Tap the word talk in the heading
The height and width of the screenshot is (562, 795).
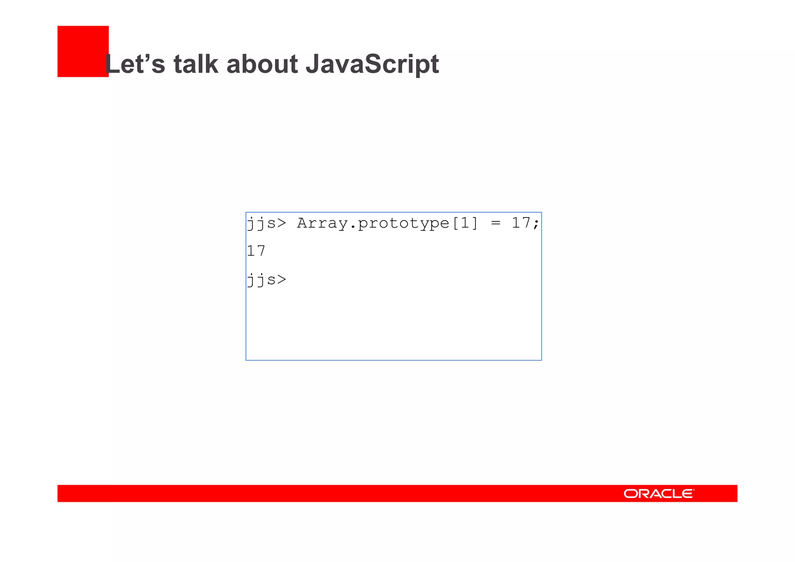[x=196, y=64]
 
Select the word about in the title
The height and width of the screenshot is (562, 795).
[x=262, y=64]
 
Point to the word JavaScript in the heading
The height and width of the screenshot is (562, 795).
[x=372, y=64]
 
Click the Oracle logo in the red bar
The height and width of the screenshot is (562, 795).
[x=659, y=493]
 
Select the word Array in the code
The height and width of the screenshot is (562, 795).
[x=322, y=223]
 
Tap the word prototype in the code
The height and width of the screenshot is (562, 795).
[x=403, y=223]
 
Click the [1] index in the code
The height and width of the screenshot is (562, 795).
[x=465, y=223]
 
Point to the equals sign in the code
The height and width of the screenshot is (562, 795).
[x=495, y=223]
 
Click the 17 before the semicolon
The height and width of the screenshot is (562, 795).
[x=521, y=223]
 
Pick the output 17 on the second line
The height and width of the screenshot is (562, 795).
[x=256, y=251]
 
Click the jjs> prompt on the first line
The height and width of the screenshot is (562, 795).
[x=266, y=223]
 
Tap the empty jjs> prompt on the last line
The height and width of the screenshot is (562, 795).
[x=266, y=280]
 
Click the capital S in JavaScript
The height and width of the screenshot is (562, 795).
[x=372, y=64]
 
